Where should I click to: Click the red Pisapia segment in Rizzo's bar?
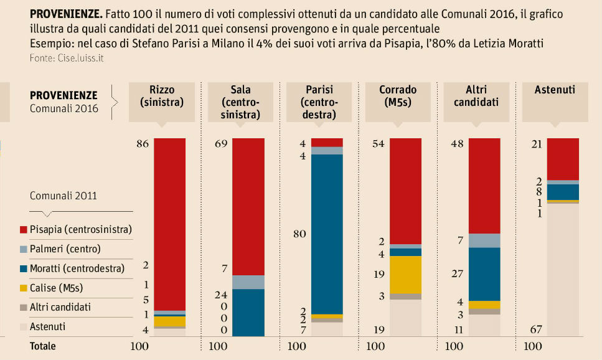[170, 224]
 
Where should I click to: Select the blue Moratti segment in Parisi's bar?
[327, 234]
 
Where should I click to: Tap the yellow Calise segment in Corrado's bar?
[405, 275]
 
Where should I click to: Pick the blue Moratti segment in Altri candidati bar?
[484, 274]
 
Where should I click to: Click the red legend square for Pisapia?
[24, 230]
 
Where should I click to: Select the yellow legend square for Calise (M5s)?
[24, 288]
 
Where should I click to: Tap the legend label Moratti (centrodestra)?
[77, 268]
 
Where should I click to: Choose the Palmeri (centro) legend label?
[65, 249]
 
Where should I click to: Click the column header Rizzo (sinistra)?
[162, 96]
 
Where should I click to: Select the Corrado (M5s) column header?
[398, 96]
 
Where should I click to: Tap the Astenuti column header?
[555, 90]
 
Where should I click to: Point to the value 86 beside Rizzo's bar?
[142, 144]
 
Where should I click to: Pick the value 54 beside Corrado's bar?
[377, 144]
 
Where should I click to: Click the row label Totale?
[43, 346]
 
